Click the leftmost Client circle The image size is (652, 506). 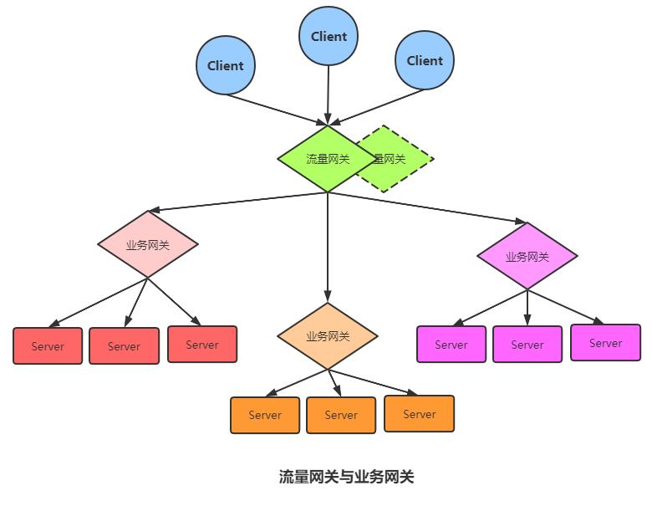pyautogui.click(x=226, y=66)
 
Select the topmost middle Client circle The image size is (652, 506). pyautogui.click(x=329, y=37)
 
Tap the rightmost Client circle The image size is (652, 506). pyautogui.click(x=425, y=60)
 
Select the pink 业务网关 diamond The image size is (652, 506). pyautogui.click(x=148, y=245)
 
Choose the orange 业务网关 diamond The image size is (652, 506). pyautogui.click(x=328, y=336)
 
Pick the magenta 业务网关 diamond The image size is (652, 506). pyautogui.click(x=527, y=257)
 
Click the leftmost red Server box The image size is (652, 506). pyautogui.click(x=48, y=346)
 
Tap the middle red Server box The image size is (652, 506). pyautogui.click(x=124, y=346)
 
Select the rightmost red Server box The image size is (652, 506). pyautogui.click(x=202, y=345)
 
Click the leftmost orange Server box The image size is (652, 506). pyautogui.click(x=265, y=415)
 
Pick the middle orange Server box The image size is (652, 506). pyautogui.click(x=341, y=415)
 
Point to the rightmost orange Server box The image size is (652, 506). pyautogui.click(x=420, y=414)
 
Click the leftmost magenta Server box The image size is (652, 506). pyautogui.click(x=451, y=345)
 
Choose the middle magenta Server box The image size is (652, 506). pyautogui.click(x=527, y=345)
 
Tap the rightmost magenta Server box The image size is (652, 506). pyautogui.click(x=606, y=343)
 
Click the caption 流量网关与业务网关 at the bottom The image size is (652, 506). pyautogui.click(x=347, y=478)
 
